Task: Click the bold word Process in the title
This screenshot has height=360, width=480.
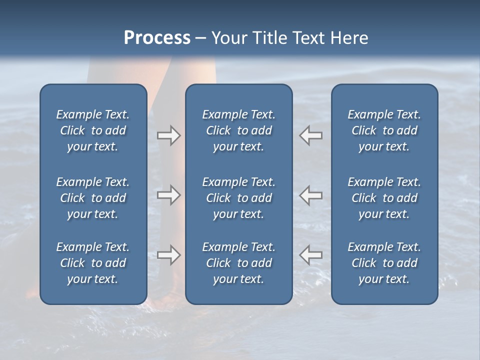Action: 157,38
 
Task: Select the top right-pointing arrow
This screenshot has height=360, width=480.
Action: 169,135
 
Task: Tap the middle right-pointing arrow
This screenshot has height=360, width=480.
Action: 169,195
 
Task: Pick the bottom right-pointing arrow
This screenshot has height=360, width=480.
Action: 169,255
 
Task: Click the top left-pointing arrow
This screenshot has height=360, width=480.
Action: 310,135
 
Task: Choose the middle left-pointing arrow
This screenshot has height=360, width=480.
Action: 310,195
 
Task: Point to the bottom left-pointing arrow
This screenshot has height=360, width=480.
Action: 310,255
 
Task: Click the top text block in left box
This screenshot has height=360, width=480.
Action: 93,130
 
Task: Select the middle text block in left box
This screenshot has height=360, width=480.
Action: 93,198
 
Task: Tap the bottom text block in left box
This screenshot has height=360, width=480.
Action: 93,263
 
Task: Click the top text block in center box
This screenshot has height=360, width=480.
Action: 238,130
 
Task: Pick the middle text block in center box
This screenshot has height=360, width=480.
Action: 238,198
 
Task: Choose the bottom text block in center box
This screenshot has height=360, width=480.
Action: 238,263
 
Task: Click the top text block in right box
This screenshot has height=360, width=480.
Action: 384,130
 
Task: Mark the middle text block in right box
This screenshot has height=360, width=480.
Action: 384,198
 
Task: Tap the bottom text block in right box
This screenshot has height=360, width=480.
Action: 384,263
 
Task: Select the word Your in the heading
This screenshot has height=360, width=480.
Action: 229,38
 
